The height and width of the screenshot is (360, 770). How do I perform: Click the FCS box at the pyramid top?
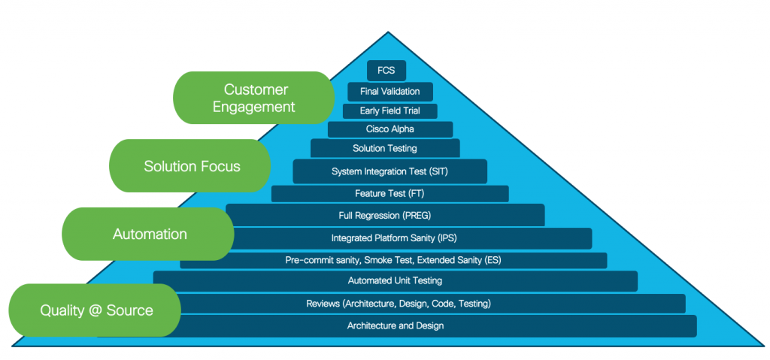click(x=387, y=71)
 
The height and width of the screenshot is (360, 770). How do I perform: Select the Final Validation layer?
click(x=390, y=92)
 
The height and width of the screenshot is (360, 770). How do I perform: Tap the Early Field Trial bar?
click(x=390, y=110)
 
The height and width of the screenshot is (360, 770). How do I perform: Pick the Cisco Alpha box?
click(x=390, y=129)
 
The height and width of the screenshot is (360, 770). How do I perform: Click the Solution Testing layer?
click(x=384, y=148)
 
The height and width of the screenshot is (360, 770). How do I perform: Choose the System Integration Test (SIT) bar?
click(x=390, y=171)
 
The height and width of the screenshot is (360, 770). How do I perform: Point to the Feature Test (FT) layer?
click(x=390, y=194)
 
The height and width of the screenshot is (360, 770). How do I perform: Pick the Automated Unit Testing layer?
click(x=395, y=281)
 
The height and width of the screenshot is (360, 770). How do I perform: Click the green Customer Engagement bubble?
click(x=253, y=98)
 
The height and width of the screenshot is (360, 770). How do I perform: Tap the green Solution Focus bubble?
click(x=191, y=166)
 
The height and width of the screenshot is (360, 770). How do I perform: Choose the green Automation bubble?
click(x=149, y=234)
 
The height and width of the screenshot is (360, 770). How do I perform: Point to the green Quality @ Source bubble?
click(x=95, y=310)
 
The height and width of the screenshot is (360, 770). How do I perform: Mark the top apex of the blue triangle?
click(x=388, y=32)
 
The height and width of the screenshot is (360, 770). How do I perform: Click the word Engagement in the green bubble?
click(x=253, y=107)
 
